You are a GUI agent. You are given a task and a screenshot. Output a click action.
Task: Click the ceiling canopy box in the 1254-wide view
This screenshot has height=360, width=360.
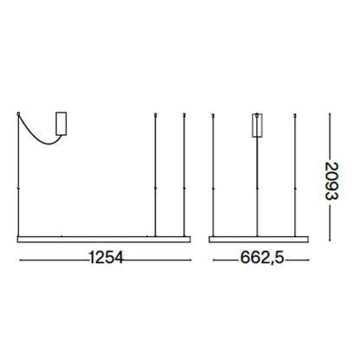pos(61,124)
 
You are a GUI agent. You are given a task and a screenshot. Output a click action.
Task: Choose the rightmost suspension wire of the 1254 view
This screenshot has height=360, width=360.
pos(184,173)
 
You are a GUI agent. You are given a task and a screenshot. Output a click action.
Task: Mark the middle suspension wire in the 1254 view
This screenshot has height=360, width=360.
pos(154,173)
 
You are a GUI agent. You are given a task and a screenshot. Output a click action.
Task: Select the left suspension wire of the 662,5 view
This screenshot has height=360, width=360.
pos(214,173)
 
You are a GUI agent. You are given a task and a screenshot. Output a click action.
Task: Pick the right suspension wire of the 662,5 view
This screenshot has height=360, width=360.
pos(296,173)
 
